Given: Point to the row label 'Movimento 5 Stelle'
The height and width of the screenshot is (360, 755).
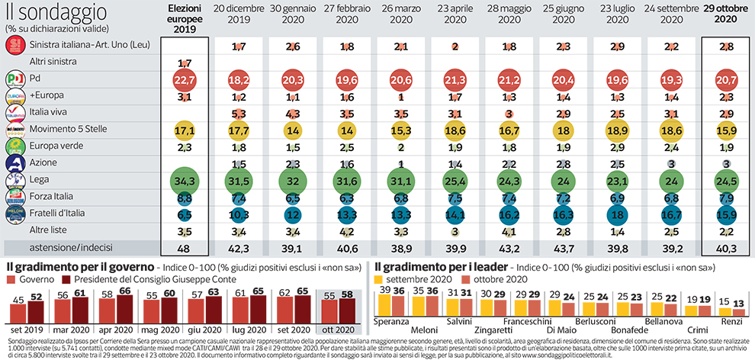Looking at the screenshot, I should tap(66, 130).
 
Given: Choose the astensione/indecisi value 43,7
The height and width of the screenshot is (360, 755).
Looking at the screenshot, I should tap(563, 249).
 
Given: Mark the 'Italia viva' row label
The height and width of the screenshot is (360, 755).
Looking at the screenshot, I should tap(49, 114).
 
